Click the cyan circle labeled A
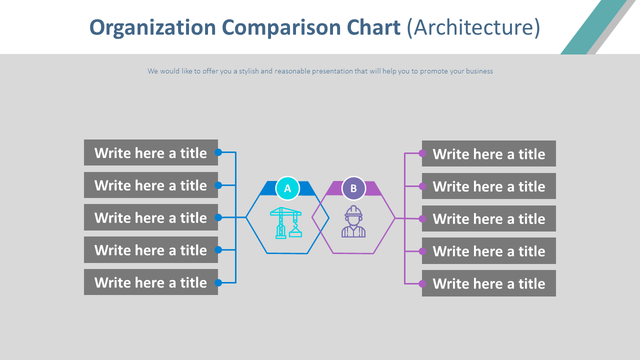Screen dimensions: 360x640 click(287, 188)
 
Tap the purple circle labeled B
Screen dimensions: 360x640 click(353, 188)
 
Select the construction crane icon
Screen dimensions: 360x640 click(286, 222)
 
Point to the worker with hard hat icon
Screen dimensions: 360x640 click(353, 222)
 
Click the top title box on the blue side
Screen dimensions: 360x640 click(150, 152)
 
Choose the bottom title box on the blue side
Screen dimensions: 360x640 click(150, 282)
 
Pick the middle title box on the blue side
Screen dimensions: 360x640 click(150, 217)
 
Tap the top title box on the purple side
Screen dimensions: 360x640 click(488, 153)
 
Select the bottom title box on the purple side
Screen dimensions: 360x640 click(488, 283)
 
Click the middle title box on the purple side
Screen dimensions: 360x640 click(488, 218)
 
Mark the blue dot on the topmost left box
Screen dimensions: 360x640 click(218, 152)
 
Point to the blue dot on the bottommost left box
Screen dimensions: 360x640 click(218, 282)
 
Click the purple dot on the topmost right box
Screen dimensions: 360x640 click(422, 153)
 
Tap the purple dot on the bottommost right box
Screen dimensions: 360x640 click(422, 283)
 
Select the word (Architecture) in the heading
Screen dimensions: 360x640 click(473, 27)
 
